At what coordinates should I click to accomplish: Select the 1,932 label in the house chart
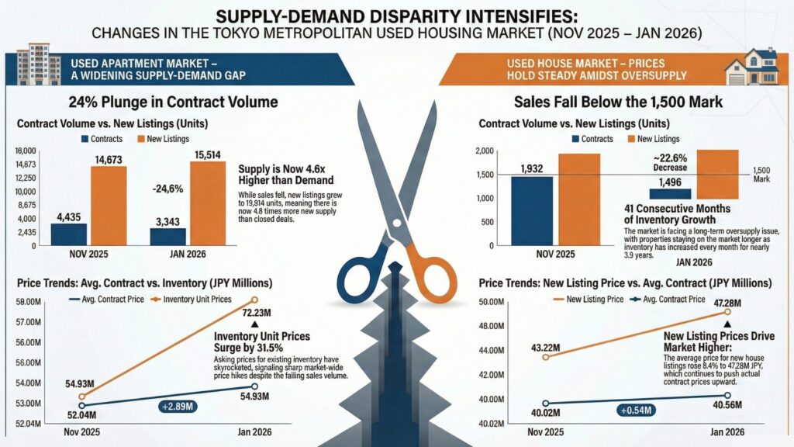point(532,168)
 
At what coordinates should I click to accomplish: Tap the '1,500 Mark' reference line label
point(764,174)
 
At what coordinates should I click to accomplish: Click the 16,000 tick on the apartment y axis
point(26,151)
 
